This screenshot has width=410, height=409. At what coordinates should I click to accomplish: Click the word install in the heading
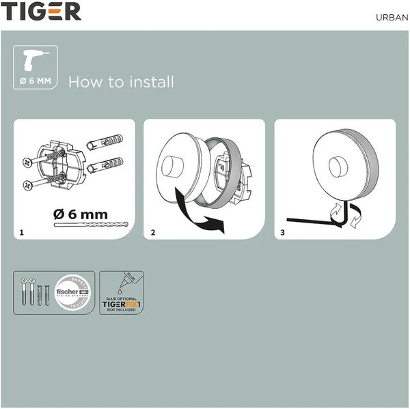pyautogui.click(x=151, y=83)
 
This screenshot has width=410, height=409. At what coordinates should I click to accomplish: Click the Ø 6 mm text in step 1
pyautogui.click(x=81, y=214)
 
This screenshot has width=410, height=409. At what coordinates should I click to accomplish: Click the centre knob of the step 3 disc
pyautogui.click(x=337, y=167)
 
